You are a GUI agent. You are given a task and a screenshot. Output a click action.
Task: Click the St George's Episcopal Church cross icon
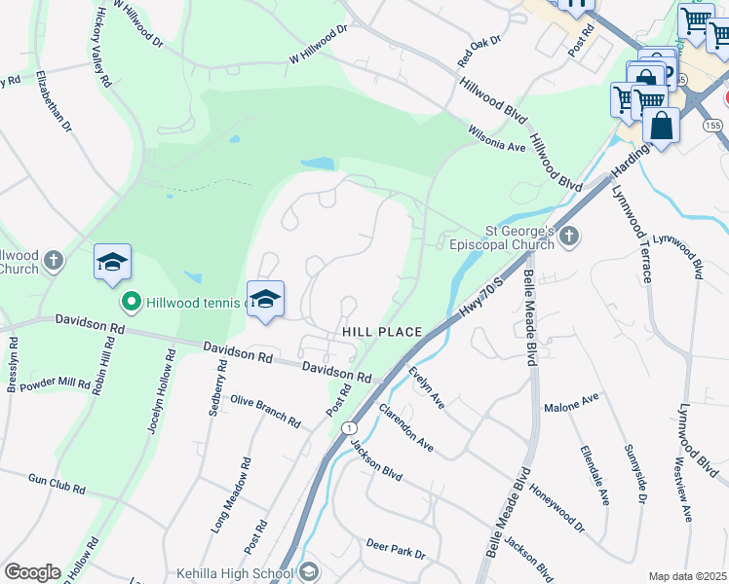pos(570,236)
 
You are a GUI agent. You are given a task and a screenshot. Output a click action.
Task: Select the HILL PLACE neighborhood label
pos(382,332)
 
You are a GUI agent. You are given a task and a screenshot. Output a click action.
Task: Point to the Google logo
pos(32,572)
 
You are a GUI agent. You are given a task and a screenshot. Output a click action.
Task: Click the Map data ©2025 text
pos(688,576)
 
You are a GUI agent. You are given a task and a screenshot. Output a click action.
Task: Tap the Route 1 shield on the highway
pos(348,428)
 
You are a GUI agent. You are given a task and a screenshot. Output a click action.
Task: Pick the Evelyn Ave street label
pos(427,387)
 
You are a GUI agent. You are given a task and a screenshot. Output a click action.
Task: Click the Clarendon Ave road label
pos(405,427)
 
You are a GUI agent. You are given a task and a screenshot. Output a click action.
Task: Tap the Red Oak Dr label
pos(479,53)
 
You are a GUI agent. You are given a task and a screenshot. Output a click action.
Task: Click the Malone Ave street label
pos(572,403)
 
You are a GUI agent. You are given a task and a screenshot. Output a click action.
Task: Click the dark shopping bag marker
pos(661,126)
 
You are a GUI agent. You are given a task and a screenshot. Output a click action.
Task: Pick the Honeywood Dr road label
pos(557,508)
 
